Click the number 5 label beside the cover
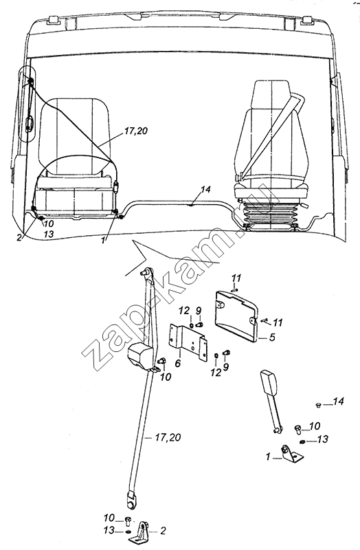pos(271,337)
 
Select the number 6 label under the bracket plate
pos(178,363)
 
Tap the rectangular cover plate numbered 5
pos(236,316)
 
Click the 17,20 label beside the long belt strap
pos(167,438)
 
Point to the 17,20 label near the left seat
pos(135,131)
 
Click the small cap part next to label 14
pos(318,406)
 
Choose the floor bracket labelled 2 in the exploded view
pos(143,531)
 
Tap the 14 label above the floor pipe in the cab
pos(205,190)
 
